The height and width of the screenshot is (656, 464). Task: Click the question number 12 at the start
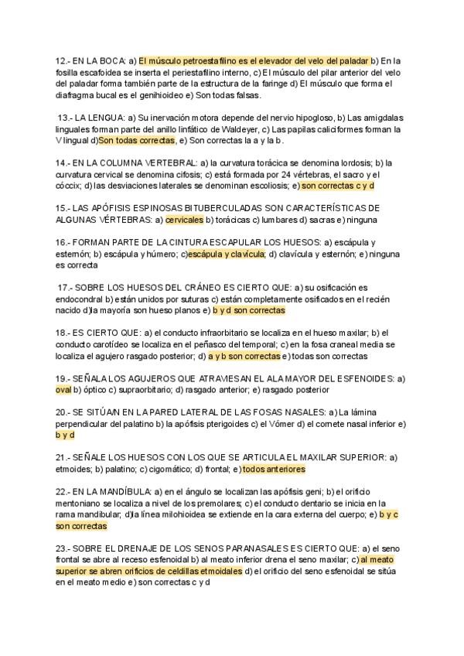click(x=62, y=60)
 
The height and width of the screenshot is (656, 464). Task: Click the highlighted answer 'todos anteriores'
click(x=274, y=469)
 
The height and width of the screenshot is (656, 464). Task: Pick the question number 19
click(x=62, y=378)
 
